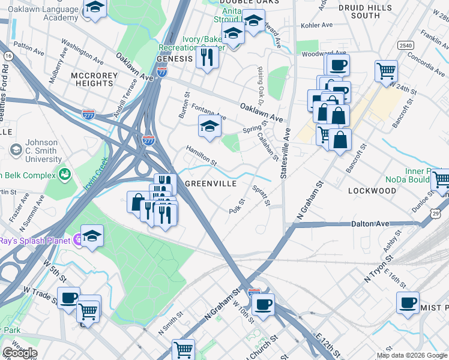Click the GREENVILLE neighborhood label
coord(210,184)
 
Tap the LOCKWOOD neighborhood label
coord(372,191)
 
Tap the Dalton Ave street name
coord(370,224)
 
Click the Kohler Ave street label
coord(317,26)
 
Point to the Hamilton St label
coord(201,155)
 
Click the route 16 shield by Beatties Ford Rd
coord(8,55)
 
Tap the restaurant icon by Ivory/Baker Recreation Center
coord(206,57)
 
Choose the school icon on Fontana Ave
coord(209,127)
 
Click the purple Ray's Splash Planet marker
coord(78,241)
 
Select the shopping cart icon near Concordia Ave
coord(386,70)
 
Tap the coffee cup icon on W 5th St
coord(68,298)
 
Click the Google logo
coord(20,353)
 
